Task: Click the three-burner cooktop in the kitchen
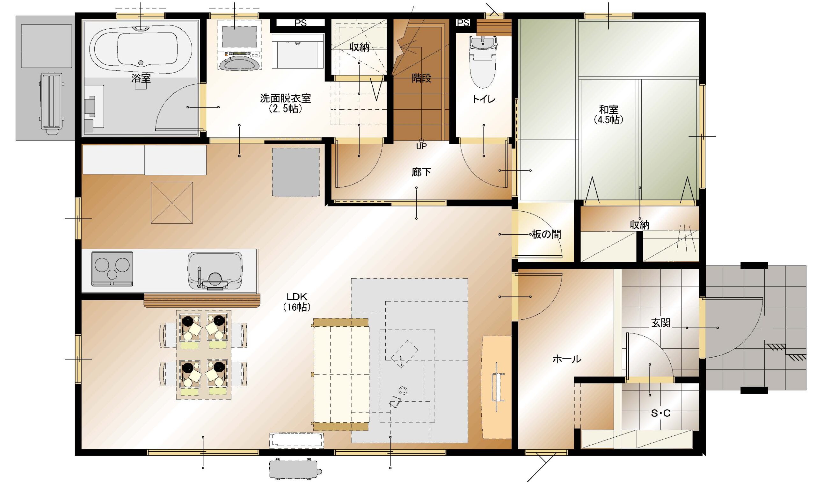tap(112, 269)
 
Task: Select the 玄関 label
tap(660, 323)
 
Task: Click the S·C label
tap(660, 413)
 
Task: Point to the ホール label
tap(567, 359)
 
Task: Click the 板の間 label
tap(546, 235)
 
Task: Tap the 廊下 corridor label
tap(421, 172)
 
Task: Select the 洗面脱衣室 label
tap(285, 98)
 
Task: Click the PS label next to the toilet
tap(463, 23)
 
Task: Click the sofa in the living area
tap(341, 374)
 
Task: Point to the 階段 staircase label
tap(421, 78)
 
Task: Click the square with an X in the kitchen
tap(171, 203)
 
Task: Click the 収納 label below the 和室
tap(639, 225)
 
